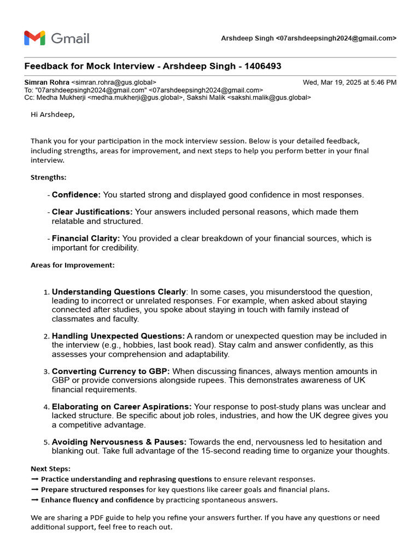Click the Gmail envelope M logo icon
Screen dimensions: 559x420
[x=34, y=38]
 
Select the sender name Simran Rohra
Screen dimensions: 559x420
[x=46, y=82]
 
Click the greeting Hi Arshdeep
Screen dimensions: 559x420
[x=52, y=115]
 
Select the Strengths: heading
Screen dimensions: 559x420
[x=48, y=177]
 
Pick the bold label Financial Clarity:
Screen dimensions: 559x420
[x=86, y=239]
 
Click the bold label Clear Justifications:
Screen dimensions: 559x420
[x=92, y=212]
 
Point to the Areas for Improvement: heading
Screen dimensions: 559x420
[x=72, y=265]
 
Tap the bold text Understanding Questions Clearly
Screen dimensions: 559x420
[x=119, y=292]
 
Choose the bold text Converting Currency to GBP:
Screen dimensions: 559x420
[x=111, y=372]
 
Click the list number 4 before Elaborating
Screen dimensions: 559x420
[x=46, y=407]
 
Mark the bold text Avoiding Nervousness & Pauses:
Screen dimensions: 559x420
[x=119, y=442]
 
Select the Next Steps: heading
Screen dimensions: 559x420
[x=50, y=469]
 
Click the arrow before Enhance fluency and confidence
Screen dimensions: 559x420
[x=34, y=500]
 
